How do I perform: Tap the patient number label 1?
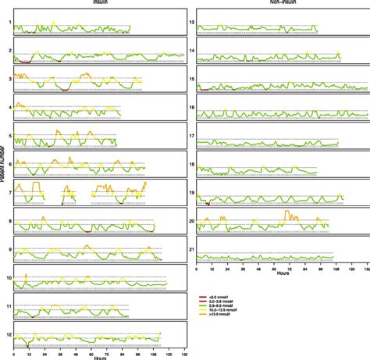tap(10, 23)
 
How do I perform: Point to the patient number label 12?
tap(9, 334)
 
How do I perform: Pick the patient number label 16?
tap(191, 107)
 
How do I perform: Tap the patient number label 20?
tap(191, 221)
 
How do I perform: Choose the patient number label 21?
tap(191, 249)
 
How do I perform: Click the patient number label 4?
tap(10, 107)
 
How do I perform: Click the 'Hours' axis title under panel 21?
tap(282, 273)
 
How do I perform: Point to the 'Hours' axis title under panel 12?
tap(100, 358)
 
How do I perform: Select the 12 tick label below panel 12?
tap(28, 353)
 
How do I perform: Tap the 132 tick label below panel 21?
tap(365, 268)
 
